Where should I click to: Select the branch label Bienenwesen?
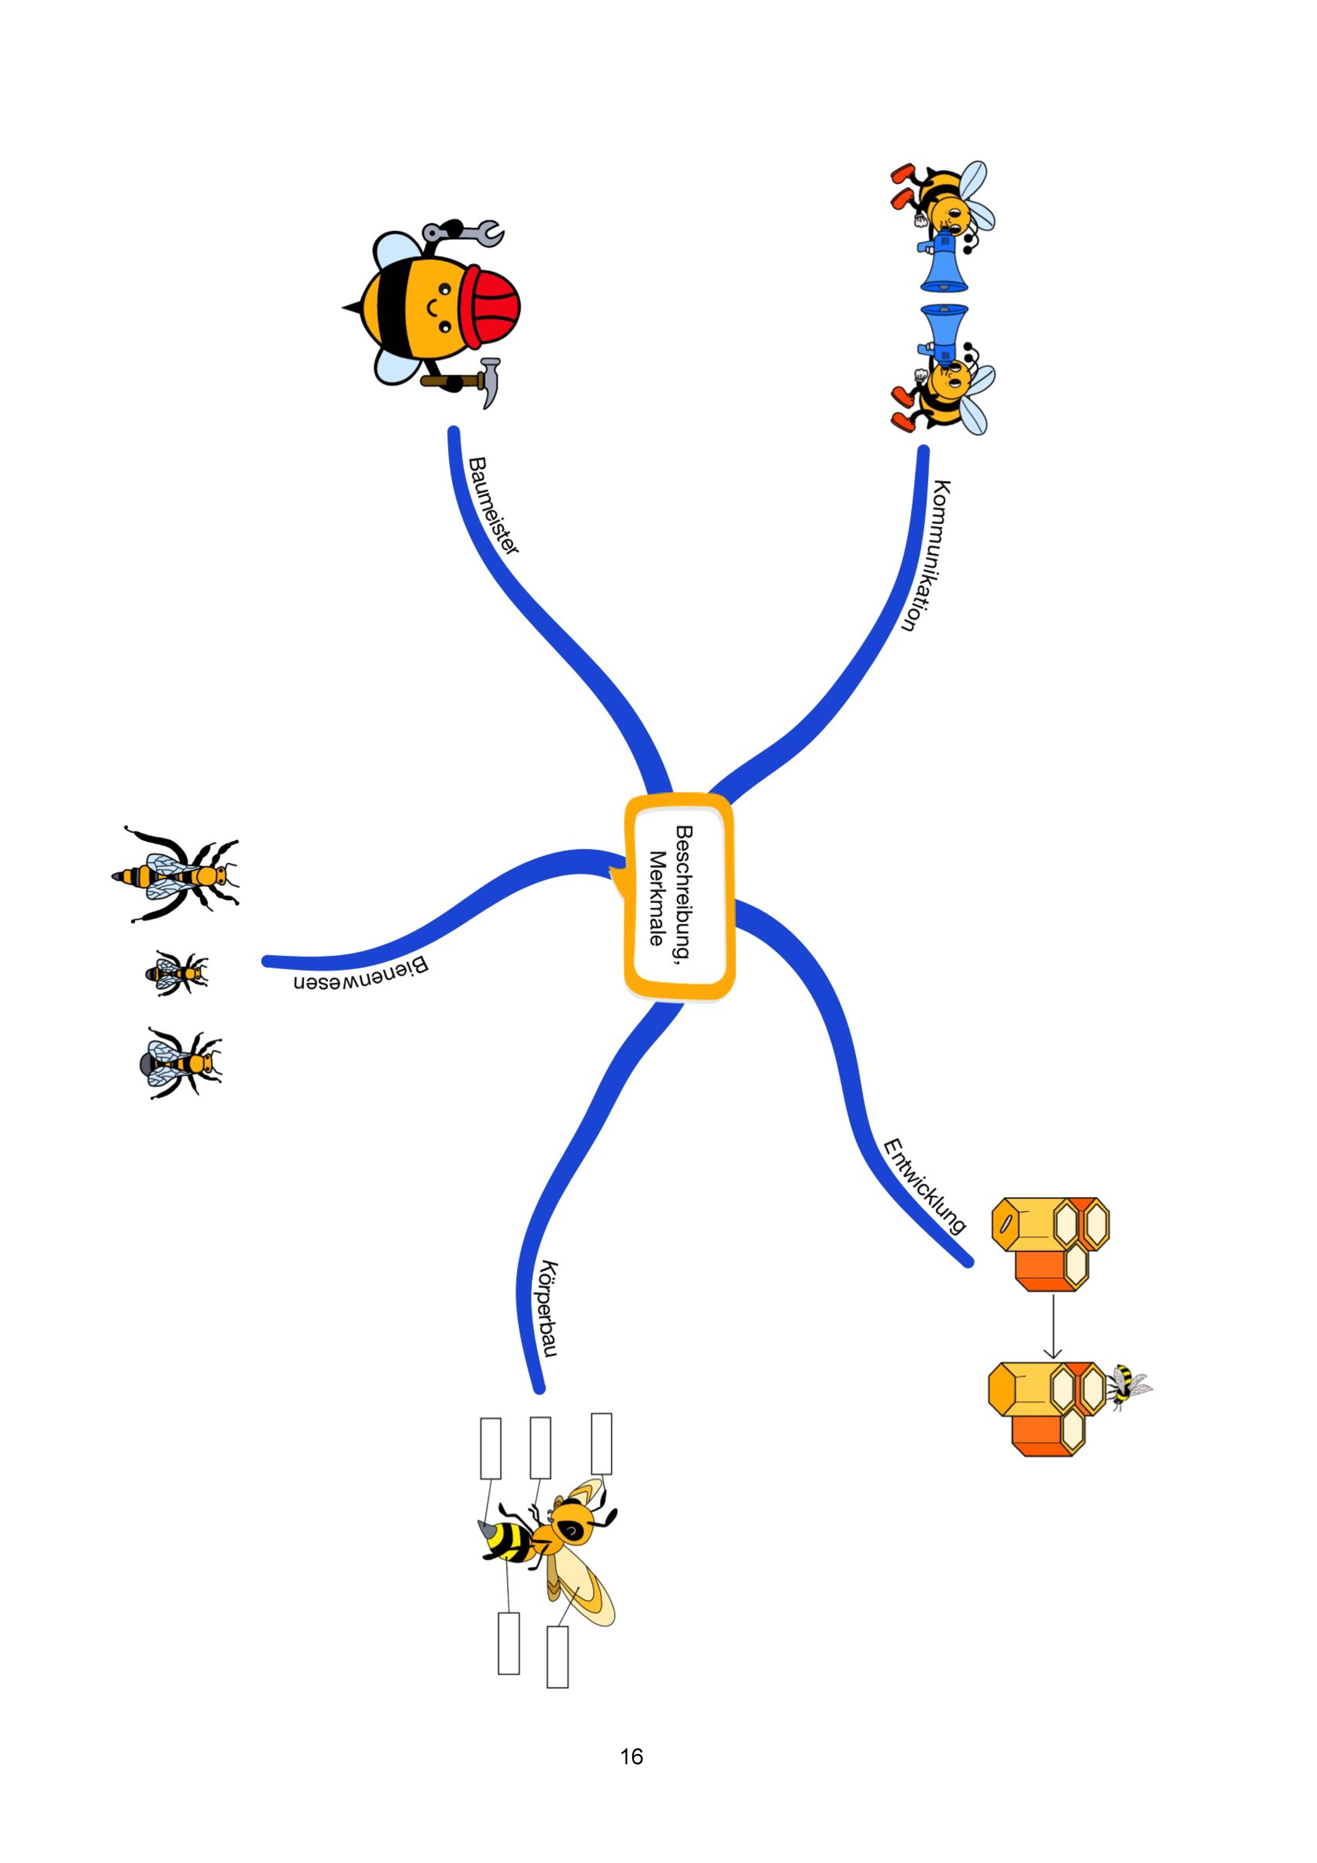point(361,974)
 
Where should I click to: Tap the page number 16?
point(631,1757)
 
